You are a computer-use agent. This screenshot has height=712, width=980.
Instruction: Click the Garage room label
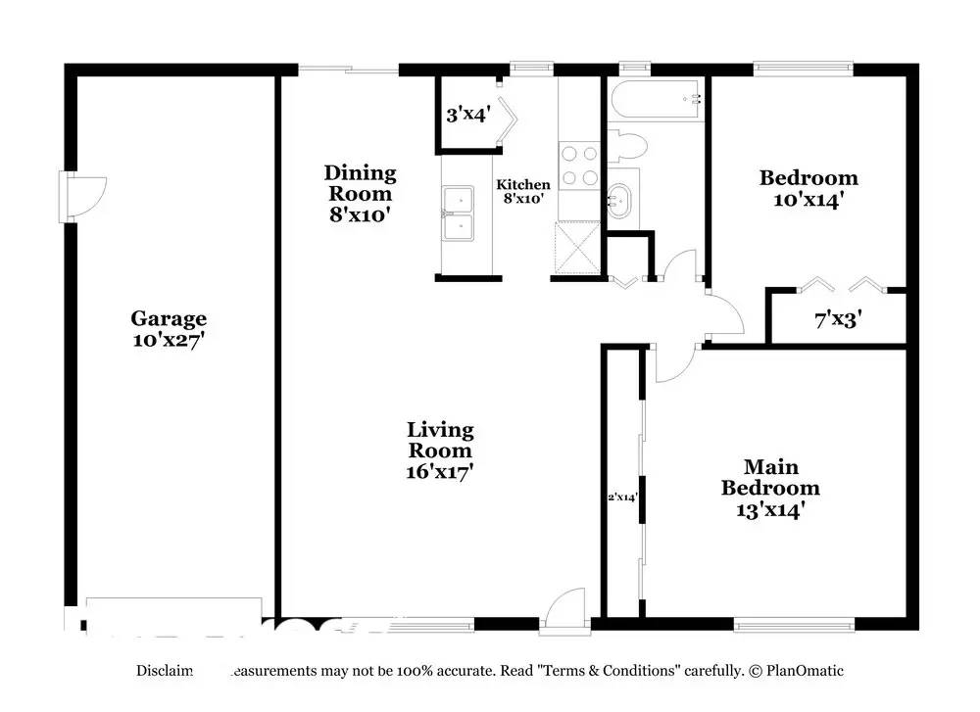169,318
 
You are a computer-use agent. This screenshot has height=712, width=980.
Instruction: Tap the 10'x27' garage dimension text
169,341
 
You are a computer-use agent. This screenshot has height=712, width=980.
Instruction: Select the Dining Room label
361,183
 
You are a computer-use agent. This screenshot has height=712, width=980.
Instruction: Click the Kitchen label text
523,184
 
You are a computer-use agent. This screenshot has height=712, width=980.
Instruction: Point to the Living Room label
440,440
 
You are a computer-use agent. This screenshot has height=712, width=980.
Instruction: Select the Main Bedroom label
770,477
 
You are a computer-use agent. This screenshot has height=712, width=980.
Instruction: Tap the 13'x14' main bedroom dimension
770,509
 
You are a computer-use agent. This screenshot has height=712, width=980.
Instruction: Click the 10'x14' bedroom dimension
808,200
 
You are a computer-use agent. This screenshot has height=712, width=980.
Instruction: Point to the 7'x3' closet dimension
838,318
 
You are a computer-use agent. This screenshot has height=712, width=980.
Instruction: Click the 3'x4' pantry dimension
467,115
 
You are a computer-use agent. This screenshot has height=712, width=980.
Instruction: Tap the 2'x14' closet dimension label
623,498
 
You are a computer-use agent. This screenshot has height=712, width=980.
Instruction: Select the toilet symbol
627,147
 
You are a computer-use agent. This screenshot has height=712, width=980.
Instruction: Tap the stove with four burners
578,165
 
